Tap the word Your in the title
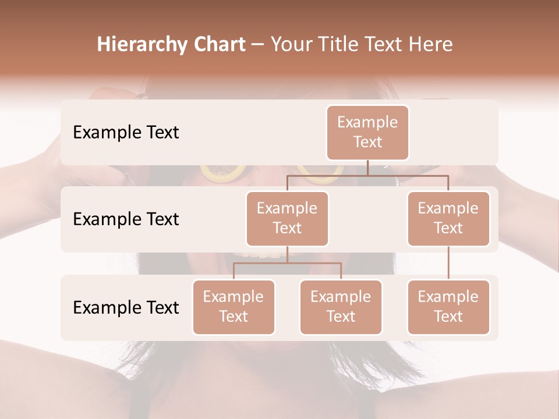pos(292,45)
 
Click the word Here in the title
pos(430,45)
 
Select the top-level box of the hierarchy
pos(367,132)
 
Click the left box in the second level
pos(287,218)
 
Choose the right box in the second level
pos(448,218)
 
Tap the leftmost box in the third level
pos(233,307)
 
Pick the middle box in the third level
pos(341,307)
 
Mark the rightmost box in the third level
pos(448,307)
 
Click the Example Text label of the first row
pos(126,132)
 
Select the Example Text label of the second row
pos(126,219)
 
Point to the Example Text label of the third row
pos(126,307)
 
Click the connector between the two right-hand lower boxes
pos(448,263)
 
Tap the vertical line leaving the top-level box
pos(367,168)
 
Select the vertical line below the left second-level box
pos(287,254)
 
